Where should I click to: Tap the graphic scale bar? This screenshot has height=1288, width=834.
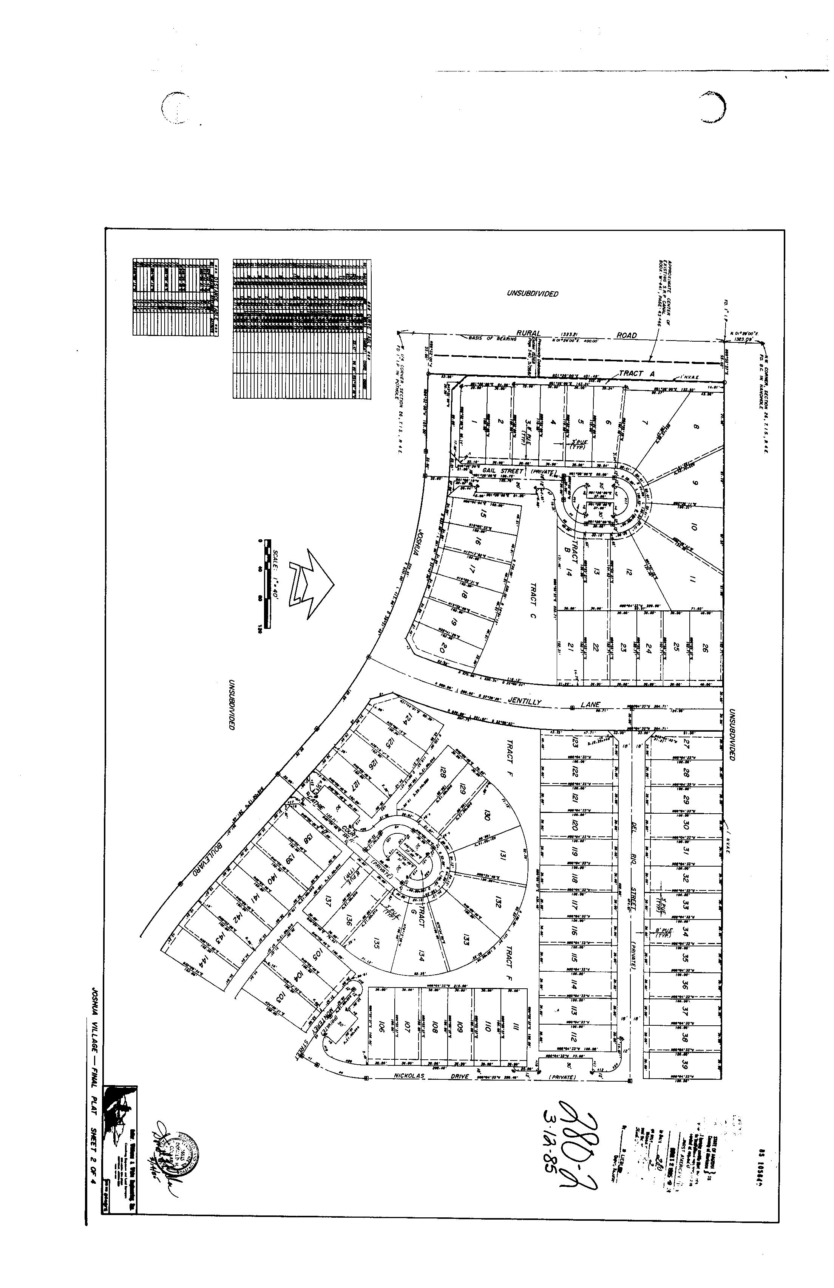(264, 584)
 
